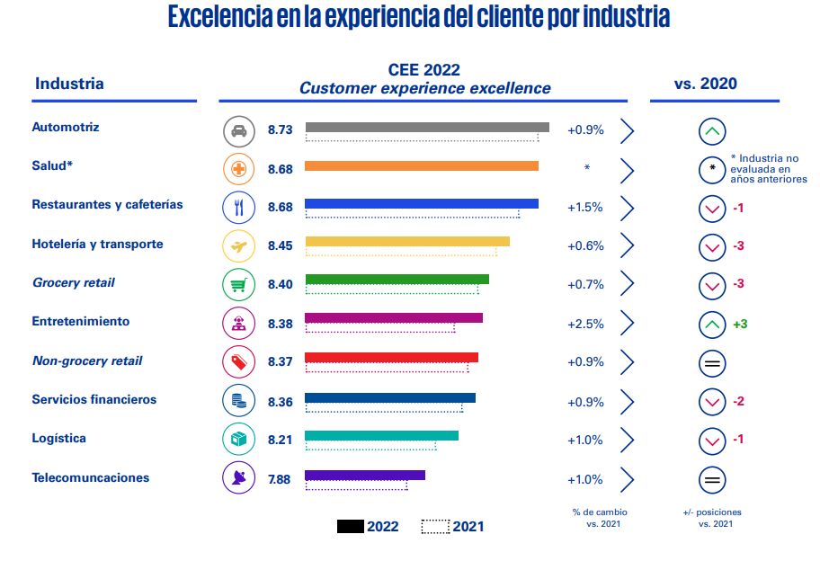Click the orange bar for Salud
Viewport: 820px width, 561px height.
pyautogui.click(x=422, y=165)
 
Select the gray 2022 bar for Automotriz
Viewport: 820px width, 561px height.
pyautogui.click(x=427, y=127)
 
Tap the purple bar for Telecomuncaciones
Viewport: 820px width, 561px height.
pyautogui.click(x=365, y=475)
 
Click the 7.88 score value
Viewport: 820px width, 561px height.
pyautogui.click(x=281, y=479)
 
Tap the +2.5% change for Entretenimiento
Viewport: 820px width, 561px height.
pyautogui.click(x=585, y=324)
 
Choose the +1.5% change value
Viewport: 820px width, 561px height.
pyautogui.click(x=585, y=207)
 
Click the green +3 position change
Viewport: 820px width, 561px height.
pyautogui.click(x=740, y=324)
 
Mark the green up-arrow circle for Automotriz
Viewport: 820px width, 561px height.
pyautogui.click(x=712, y=132)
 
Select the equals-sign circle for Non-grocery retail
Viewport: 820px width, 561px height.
pyautogui.click(x=712, y=363)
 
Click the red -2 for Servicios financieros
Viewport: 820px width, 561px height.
pyautogui.click(x=738, y=401)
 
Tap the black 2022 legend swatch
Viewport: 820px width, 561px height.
pyautogui.click(x=350, y=527)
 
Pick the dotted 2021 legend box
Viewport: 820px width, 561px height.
pyautogui.click(x=435, y=527)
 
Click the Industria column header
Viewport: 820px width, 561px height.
pyautogui.click(x=69, y=84)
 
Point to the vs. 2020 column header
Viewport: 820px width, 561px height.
pyautogui.click(x=706, y=84)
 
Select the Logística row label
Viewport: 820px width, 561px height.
pyautogui.click(x=59, y=439)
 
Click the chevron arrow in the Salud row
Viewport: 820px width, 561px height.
pyautogui.click(x=627, y=170)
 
